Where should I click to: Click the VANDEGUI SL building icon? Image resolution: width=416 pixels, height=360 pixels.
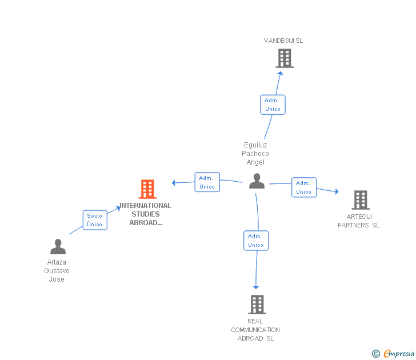click(285, 58)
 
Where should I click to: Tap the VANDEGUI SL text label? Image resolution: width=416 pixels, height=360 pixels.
click(283, 41)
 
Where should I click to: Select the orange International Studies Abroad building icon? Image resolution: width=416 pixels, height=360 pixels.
click(147, 189)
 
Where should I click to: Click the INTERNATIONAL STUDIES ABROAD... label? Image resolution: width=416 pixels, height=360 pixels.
click(146, 214)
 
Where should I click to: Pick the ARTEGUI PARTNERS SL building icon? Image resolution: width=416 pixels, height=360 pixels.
click(361, 200)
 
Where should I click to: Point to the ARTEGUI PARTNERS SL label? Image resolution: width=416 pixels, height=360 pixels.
click(359, 221)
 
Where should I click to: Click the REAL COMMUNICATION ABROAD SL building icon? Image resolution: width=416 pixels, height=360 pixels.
click(257, 305)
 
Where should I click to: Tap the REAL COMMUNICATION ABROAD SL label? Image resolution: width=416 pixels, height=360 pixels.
click(255, 330)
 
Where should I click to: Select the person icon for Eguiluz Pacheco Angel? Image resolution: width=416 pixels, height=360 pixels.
click(257, 181)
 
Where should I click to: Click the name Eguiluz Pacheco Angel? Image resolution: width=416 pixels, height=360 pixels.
click(255, 154)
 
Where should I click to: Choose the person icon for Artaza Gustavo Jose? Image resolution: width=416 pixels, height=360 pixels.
click(58, 247)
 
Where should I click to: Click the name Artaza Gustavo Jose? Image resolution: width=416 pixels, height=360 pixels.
click(57, 271)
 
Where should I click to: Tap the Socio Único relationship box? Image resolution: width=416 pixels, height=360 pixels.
click(95, 220)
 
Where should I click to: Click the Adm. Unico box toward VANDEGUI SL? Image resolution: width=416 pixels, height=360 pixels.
click(273, 105)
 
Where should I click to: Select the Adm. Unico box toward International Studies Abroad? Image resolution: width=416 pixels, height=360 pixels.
click(207, 182)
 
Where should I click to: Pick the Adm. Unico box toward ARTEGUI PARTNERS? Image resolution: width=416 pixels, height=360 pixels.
click(304, 187)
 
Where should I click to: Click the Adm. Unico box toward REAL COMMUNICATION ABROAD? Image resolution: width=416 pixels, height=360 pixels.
click(256, 241)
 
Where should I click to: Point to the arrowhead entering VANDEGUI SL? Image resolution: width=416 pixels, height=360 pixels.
click(281, 73)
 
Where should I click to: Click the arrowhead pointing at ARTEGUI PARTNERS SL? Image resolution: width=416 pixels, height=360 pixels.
click(337, 191)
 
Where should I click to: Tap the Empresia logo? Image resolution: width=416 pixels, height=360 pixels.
click(393, 353)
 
